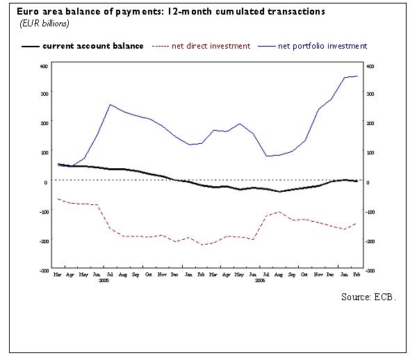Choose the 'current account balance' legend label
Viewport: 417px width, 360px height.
[93, 46]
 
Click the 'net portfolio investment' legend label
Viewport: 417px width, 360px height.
[322, 46]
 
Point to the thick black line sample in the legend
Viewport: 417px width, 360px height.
[30, 46]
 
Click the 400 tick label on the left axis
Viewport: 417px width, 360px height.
[43, 67]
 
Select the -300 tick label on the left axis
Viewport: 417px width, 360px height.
[42, 270]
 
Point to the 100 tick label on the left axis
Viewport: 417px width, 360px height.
[43, 152]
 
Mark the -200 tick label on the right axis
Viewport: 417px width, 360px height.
[370, 241]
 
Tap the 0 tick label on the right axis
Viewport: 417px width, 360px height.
[367, 182]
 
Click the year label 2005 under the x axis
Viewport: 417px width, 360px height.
[104, 281]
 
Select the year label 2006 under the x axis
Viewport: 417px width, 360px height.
[260, 281]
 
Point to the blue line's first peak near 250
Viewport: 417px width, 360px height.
[110, 104]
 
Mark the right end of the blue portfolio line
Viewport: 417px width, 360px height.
[357, 76]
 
